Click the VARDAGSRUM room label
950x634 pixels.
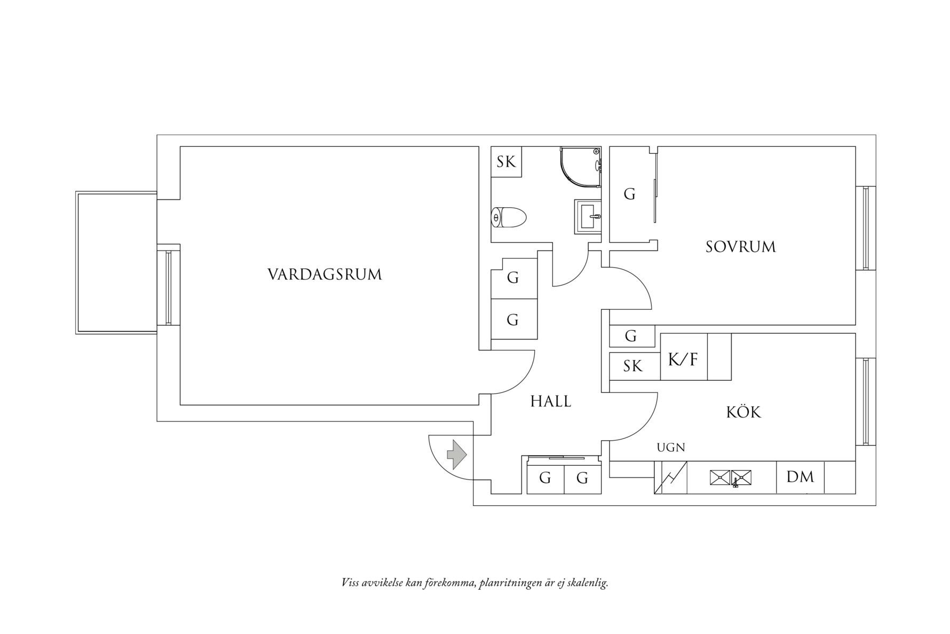(x=324, y=275)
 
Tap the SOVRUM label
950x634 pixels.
(x=740, y=247)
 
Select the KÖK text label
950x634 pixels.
(x=743, y=412)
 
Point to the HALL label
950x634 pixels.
(x=551, y=402)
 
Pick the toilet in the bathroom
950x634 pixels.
(x=509, y=217)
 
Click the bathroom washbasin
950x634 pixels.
(x=588, y=216)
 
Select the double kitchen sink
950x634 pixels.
(x=730, y=478)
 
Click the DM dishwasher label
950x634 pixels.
(x=800, y=477)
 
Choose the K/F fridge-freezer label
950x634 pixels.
(x=683, y=359)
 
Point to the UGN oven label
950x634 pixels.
(x=671, y=448)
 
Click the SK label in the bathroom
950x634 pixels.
(x=506, y=162)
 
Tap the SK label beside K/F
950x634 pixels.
(x=633, y=366)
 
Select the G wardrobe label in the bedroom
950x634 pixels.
(x=630, y=194)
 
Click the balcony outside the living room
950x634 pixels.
(x=116, y=263)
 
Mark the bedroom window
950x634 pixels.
(x=866, y=228)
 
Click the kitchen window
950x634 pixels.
(x=866, y=401)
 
